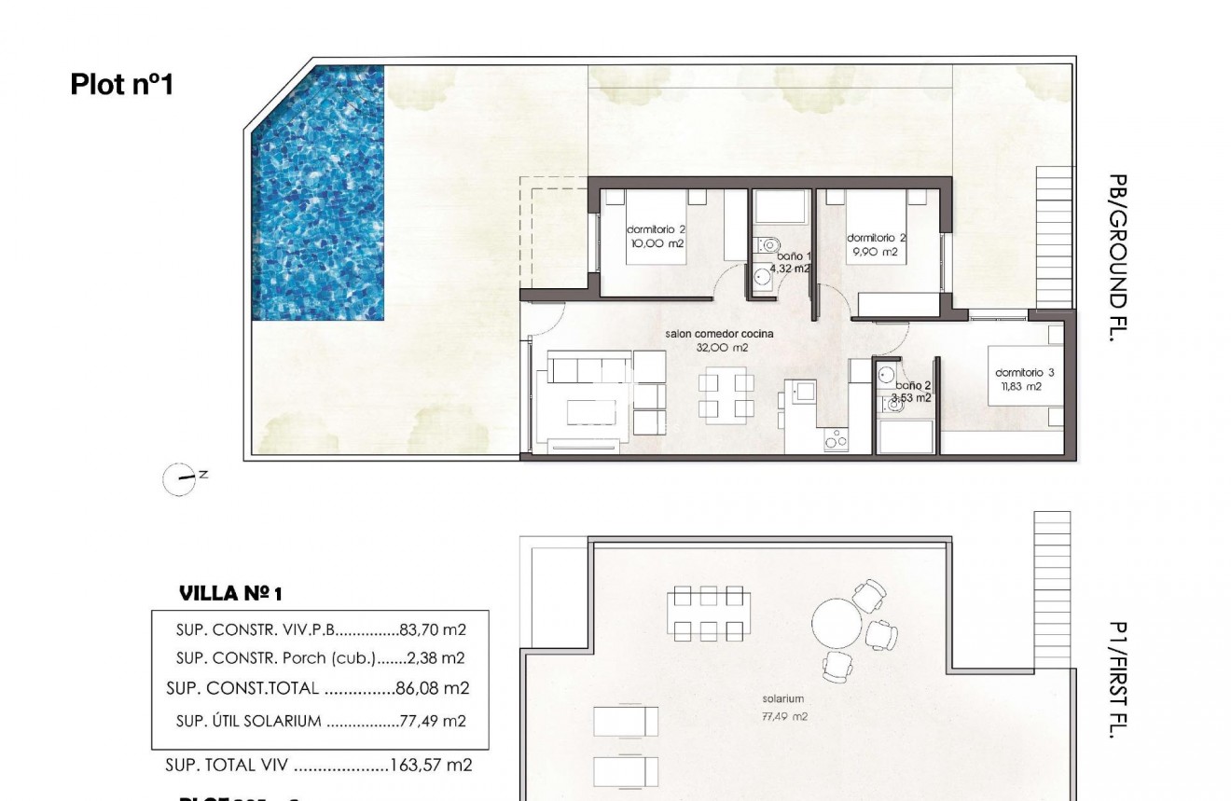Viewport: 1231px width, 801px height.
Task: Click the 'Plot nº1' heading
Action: point(122,85)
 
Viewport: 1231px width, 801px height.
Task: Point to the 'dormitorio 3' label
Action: point(1024,373)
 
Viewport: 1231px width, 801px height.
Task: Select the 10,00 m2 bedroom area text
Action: point(657,242)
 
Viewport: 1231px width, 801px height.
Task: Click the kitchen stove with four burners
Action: point(836,441)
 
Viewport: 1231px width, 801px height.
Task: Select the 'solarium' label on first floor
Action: point(782,698)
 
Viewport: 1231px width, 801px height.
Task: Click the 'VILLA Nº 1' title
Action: point(229,593)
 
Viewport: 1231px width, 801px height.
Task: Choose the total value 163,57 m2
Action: point(432,766)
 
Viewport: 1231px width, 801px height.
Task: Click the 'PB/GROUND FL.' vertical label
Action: point(1118,257)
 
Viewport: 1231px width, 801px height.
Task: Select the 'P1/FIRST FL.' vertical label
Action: point(1118,680)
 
